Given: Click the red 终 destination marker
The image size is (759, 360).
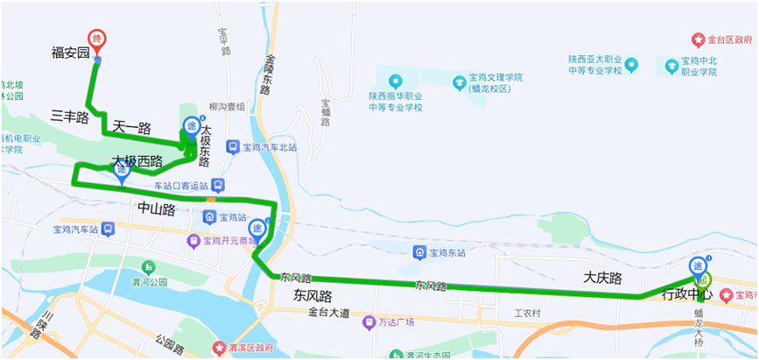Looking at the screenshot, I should point(98,39).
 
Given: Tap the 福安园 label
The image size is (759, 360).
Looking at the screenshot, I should point(71,53).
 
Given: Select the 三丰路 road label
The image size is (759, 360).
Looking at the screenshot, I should point(69,116).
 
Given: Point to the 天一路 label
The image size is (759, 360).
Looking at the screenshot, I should point(131,129).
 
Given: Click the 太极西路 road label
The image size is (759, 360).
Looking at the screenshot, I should point(137,161).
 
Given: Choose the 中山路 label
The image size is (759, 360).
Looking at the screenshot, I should point(157,208).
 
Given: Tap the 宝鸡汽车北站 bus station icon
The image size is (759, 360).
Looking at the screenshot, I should point(232,147).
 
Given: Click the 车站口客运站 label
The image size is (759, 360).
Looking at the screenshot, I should point(181,186).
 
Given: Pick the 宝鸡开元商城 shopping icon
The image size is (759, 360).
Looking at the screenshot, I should point(193,241).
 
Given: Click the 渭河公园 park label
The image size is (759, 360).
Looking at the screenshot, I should point(149,282).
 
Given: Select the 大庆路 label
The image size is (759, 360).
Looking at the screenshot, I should point(602,278).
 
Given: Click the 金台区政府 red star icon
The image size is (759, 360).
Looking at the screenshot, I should point(698,40).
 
